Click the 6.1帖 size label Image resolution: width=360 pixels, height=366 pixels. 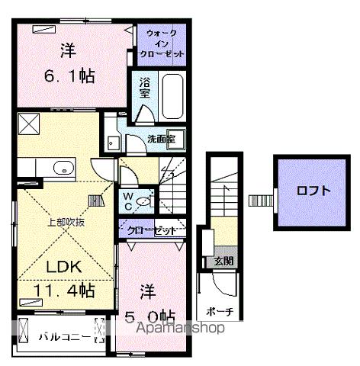[x=69, y=75]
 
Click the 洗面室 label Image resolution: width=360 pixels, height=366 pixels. [x=162, y=140]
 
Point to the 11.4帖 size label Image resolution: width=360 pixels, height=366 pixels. [x=64, y=291]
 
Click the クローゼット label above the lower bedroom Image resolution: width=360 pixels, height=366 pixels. [x=151, y=230]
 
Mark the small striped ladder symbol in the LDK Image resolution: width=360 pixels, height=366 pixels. [x=97, y=201]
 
